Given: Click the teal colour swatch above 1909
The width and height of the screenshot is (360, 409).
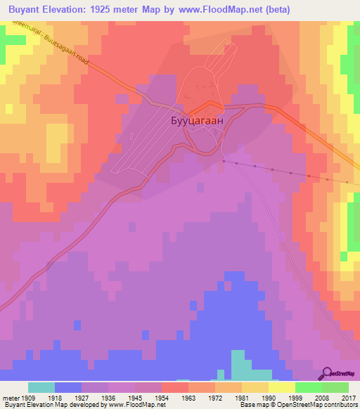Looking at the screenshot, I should point(41,387).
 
